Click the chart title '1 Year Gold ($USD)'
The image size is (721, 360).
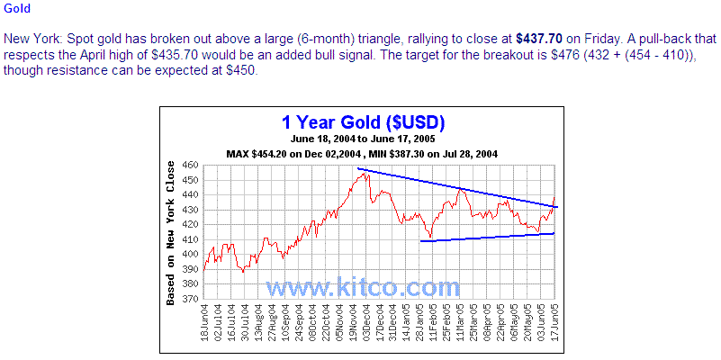363,122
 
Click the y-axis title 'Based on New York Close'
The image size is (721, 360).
171,233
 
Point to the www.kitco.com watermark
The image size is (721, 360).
362,287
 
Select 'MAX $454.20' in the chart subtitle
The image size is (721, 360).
259,153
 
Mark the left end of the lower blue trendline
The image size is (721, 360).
421,240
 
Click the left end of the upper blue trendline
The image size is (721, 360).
357,168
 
